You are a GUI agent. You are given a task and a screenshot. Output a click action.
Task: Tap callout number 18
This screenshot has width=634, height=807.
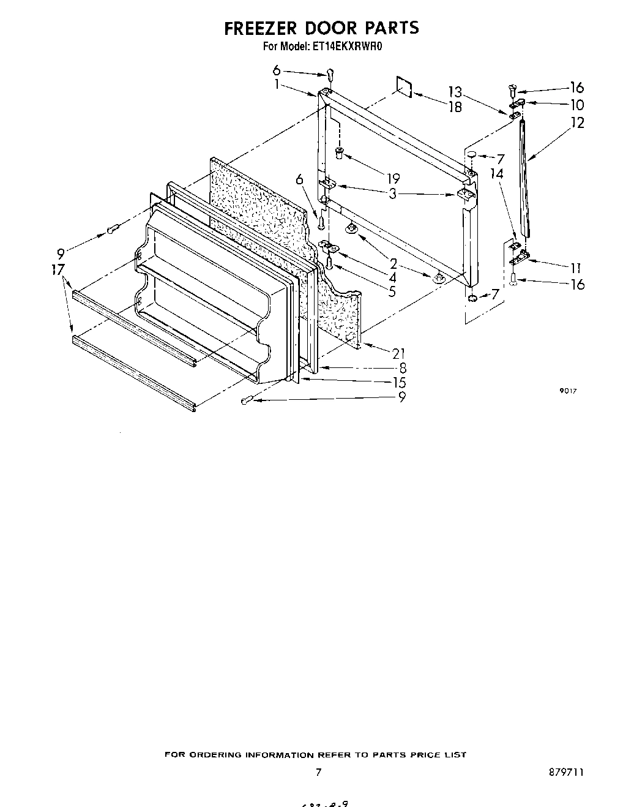pos(454,107)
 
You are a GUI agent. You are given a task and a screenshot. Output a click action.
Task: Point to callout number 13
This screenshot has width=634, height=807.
pos(454,92)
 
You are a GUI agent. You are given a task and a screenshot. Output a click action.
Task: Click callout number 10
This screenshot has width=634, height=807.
pos(576,105)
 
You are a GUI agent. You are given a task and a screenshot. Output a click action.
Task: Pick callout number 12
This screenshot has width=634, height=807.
pos(576,122)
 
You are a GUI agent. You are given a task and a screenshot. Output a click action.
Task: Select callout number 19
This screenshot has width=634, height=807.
pos(392,178)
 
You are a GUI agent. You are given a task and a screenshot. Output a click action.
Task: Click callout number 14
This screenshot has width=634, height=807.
pos(497,174)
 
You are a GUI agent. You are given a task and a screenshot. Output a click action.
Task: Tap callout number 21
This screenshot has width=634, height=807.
pos(398,353)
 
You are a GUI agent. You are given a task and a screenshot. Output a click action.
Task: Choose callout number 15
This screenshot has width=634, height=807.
pos(398,383)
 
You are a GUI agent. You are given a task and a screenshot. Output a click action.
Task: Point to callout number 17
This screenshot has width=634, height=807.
pos(59,269)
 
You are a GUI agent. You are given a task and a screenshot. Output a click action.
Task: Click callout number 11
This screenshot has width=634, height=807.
pos(576,268)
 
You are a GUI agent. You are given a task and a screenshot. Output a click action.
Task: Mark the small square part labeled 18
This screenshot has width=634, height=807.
pos(403,86)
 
